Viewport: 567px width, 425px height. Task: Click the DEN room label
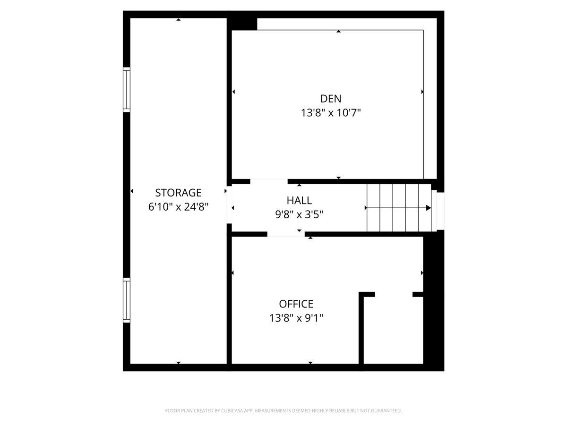point(331,99)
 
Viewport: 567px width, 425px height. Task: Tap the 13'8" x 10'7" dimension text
point(331,113)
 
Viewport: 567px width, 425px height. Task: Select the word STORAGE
point(178,193)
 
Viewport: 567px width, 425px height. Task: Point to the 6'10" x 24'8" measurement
point(178,207)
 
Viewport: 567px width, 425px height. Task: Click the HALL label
point(299,200)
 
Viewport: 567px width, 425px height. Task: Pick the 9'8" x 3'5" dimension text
point(299,214)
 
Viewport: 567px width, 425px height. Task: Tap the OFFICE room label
point(296,304)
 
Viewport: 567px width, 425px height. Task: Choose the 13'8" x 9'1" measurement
point(296,318)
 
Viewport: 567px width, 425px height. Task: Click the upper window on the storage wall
point(127,90)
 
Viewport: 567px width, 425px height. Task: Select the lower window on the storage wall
point(127,300)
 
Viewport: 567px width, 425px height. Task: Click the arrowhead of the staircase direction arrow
point(429,208)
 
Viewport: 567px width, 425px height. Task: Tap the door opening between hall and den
point(269,181)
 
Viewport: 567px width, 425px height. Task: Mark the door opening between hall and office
point(286,234)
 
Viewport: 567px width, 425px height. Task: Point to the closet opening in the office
point(394,295)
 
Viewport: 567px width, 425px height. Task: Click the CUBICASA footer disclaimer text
point(283,411)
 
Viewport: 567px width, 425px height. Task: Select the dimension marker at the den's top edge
point(339,32)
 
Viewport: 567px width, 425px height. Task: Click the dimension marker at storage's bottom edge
point(178,363)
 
